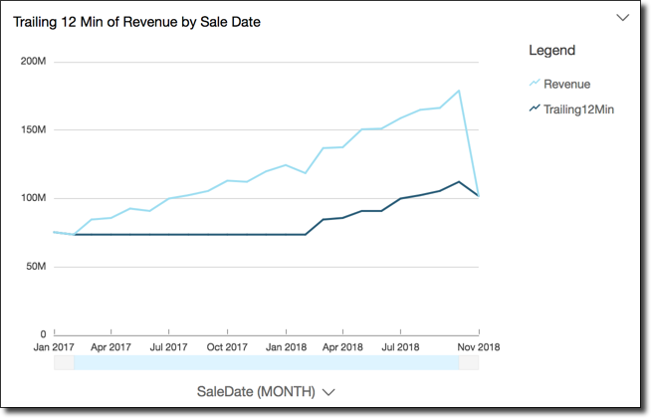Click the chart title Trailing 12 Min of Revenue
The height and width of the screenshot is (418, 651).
click(136, 21)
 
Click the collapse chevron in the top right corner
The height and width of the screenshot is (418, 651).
click(623, 18)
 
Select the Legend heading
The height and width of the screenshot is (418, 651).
click(551, 50)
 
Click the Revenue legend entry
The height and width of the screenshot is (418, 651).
click(566, 84)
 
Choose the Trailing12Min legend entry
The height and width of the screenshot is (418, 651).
click(578, 108)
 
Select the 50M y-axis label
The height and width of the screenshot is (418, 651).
click(36, 267)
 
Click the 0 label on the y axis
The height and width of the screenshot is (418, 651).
click(43, 334)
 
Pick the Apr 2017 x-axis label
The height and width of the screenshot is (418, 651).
click(111, 347)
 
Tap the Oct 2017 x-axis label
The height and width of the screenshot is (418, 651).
click(227, 347)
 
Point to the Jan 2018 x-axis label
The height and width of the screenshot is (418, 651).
click(286, 347)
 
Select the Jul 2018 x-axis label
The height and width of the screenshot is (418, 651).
click(400, 347)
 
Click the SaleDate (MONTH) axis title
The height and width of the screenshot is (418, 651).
click(256, 391)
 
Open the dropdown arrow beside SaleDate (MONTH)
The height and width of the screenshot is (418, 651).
click(328, 392)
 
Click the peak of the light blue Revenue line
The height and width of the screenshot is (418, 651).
click(458, 91)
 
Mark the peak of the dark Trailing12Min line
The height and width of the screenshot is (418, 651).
click(457, 182)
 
